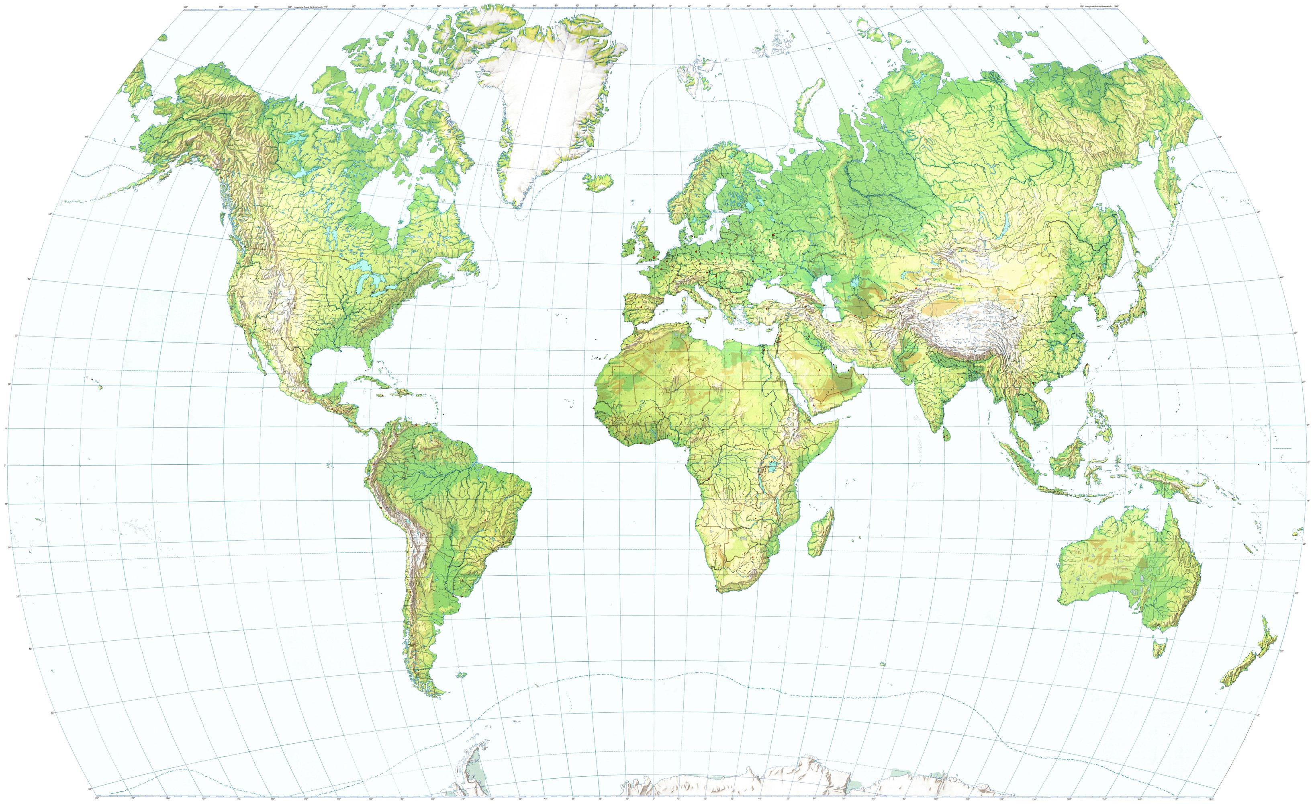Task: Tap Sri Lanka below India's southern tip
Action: point(946,434)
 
